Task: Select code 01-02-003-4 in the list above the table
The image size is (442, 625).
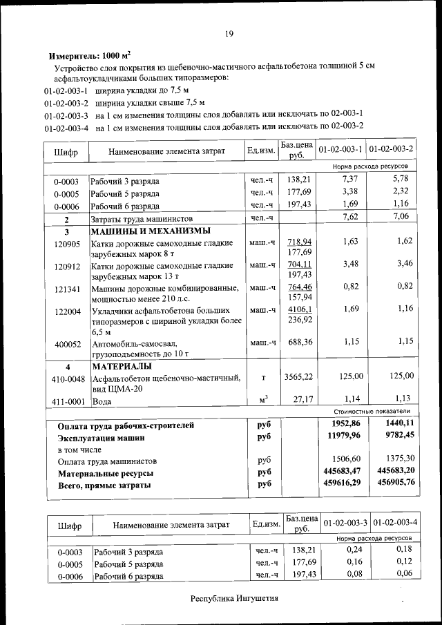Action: pos(66,127)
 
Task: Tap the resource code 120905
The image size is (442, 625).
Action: pos(67,244)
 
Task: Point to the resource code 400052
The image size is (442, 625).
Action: pos(67,343)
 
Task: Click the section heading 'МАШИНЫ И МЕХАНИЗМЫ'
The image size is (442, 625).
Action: pos(151,231)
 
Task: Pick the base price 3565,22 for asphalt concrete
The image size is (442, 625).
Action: pos(298,376)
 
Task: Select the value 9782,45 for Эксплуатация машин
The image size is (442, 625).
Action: pos(395,436)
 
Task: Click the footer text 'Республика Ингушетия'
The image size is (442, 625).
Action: pos(235,598)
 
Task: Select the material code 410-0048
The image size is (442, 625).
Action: pos(67,378)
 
